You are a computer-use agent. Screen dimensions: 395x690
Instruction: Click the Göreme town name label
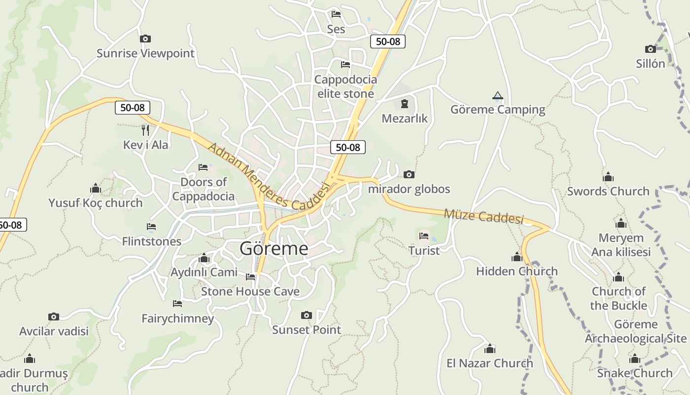click(x=274, y=248)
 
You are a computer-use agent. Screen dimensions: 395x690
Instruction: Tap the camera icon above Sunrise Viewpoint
click(x=145, y=39)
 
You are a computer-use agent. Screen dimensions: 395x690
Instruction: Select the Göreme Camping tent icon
click(x=498, y=95)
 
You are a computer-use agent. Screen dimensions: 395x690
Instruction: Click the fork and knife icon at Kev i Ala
click(x=145, y=130)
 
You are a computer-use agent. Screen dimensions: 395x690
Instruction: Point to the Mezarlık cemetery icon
click(x=405, y=104)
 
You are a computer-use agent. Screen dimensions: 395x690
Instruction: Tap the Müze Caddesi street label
click(x=483, y=216)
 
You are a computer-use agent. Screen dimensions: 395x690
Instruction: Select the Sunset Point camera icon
click(x=307, y=315)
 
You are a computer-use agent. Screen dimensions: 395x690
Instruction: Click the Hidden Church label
click(x=517, y=271)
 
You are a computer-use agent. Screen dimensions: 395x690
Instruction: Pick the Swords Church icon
click(x=608, y=177)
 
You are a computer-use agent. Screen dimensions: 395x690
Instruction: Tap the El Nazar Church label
click(x=490, y=363)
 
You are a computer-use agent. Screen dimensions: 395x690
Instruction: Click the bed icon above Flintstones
click(x=151, y=227)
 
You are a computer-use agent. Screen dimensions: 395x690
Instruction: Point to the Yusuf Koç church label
click(x=96, y=203)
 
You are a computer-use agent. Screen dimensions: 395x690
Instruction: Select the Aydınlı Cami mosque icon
click(x=204, y=258)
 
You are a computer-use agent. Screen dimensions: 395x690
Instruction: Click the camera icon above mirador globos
click(x=409, y=174)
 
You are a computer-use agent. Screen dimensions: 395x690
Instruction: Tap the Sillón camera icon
click(x=651, y=49)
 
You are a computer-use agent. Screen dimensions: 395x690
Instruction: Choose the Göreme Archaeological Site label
click(x=636, y=331)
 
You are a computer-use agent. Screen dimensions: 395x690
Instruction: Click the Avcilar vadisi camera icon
click(x=54, y=316)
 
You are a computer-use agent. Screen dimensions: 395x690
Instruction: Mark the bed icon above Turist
click(x=424, y=236)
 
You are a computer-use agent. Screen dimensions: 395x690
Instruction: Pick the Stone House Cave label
click(x=250, y=291)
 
